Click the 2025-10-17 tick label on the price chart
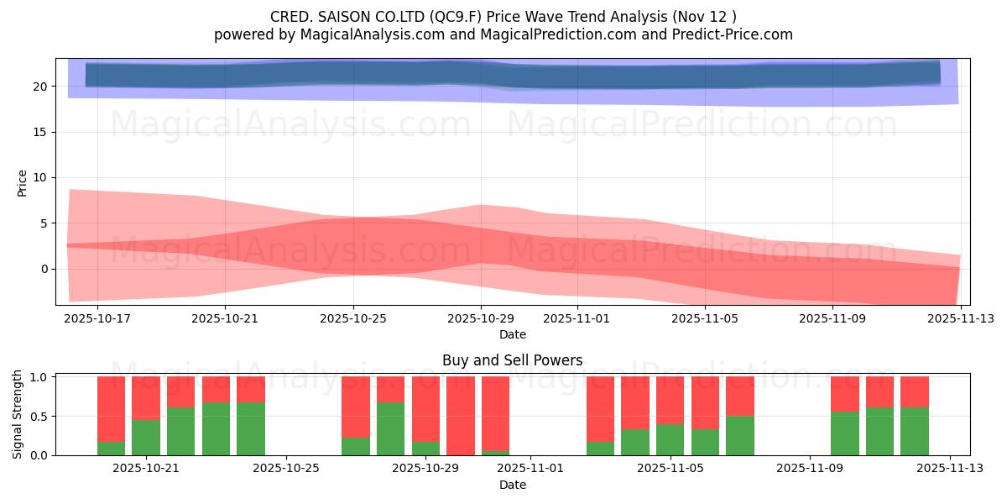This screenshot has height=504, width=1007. [x=97, y=319]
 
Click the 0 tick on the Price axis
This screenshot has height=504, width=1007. [x=47, y=269]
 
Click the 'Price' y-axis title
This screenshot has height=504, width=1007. [x=22, y=182]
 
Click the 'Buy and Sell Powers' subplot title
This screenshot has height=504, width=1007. [x=512, y=360]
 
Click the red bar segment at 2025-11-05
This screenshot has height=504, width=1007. [x=670, y=400]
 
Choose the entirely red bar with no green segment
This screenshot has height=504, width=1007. [x=461, y=416]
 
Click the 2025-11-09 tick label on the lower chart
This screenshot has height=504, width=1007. [x=810, y=469]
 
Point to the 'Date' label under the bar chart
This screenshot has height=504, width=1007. [x=512, y=485]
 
